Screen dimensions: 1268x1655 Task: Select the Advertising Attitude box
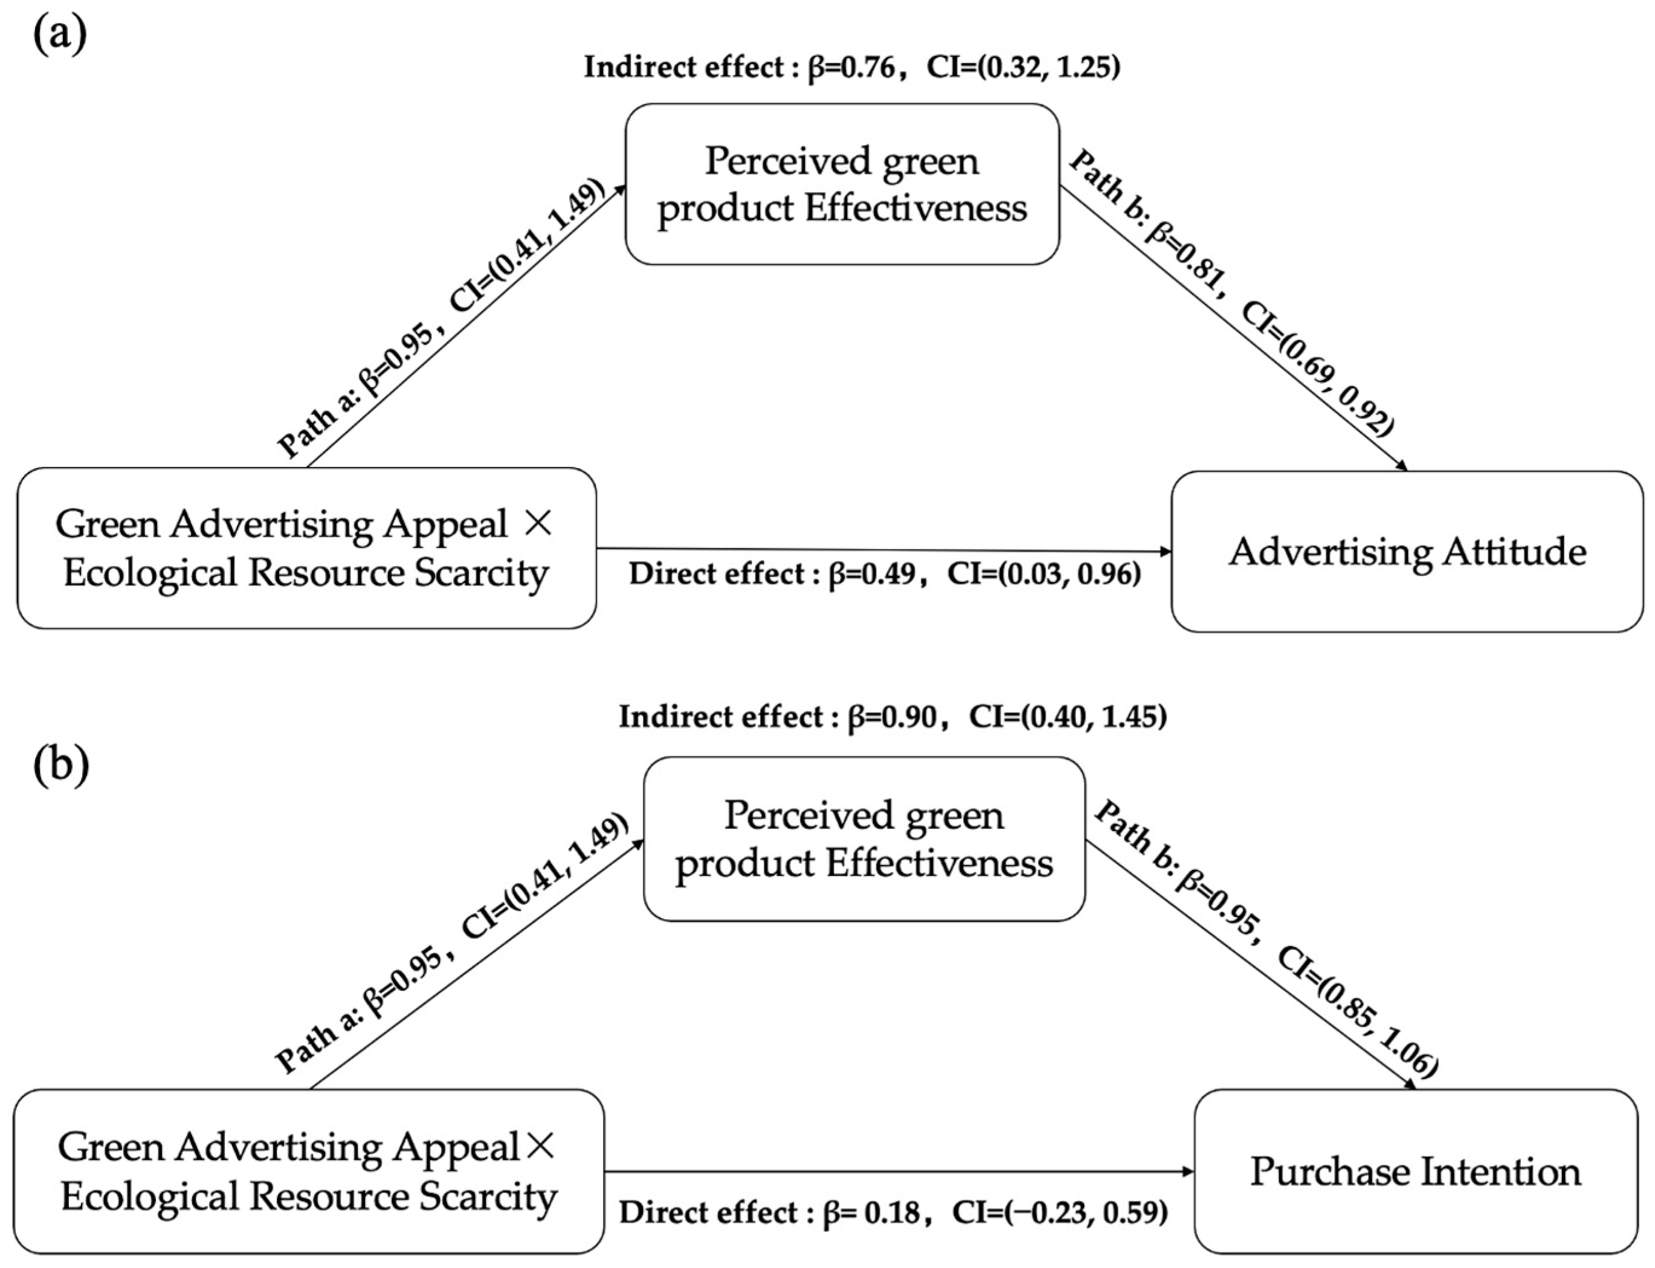(1407, 552)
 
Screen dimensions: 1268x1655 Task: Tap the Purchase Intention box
(1415, 1172)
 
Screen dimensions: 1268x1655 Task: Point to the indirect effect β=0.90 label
(892, 716)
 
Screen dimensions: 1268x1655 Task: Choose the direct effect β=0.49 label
(884, 574)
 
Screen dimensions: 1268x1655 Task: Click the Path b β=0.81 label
(1231, 294)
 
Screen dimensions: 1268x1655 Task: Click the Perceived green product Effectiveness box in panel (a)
(842, 184)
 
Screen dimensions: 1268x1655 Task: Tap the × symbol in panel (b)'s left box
(539, 1148)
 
